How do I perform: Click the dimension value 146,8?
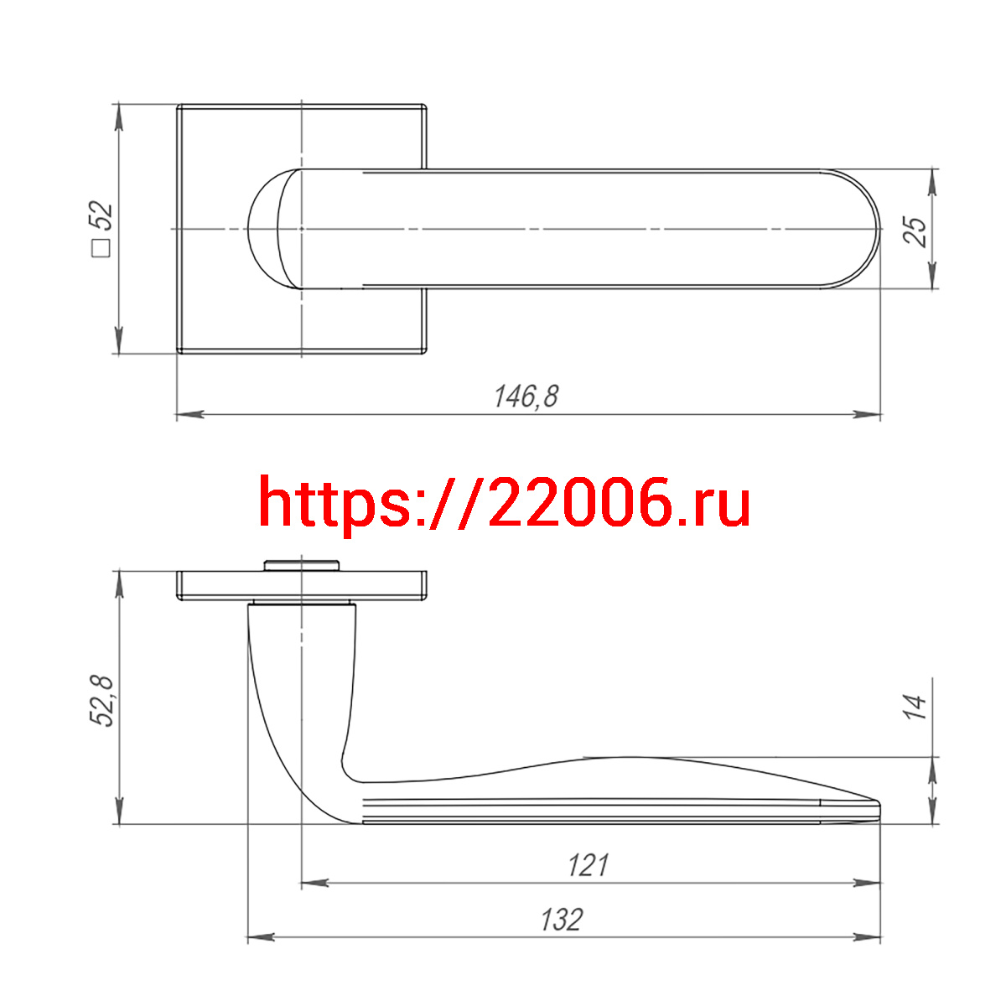pyautogui.click(x=526, y=397)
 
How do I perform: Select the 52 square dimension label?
pyautogui.click(x=101, y=228)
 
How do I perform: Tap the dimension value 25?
pyautogui.click(x=914, y=231)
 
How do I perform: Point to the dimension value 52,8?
pyautogui.click(x=101, y=701)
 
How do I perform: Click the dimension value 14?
pyautogui.click(x=914, y=707)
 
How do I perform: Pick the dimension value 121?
pyautogui.click(x=589, y=865)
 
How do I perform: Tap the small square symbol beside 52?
pyautogui.click(x=101, y=248)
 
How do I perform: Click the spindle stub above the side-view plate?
pyautogui.click(x=301, y=566)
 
